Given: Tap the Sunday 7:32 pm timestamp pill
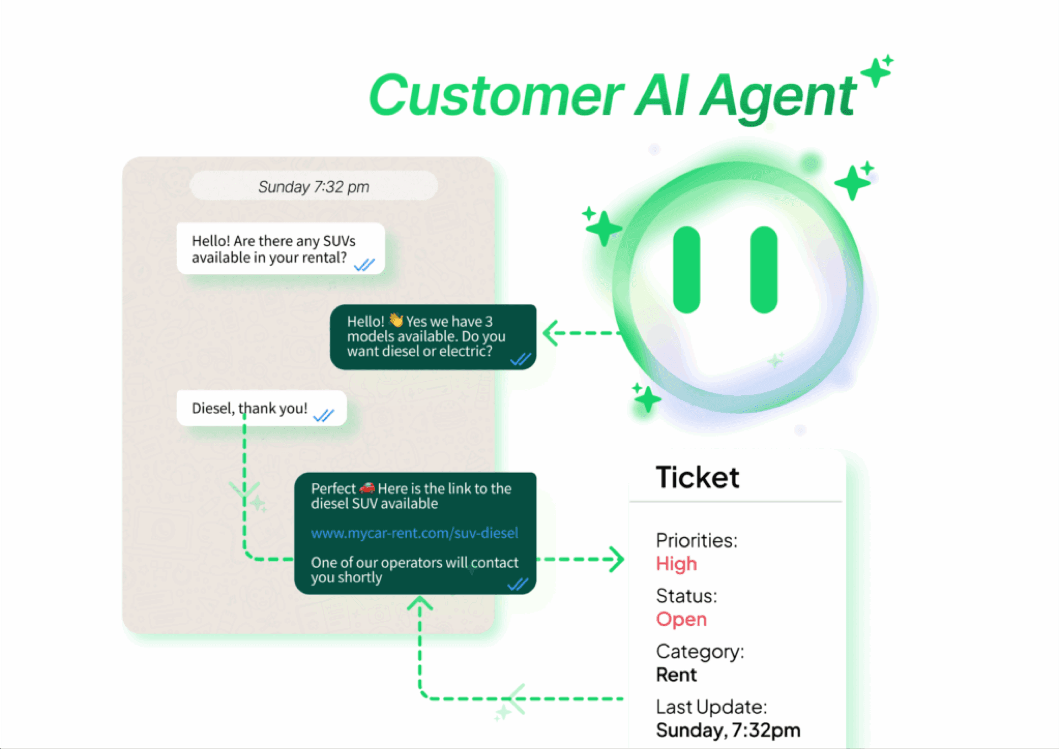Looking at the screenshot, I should (x=314, y=187).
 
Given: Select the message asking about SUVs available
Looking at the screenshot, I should (x=280, y=249).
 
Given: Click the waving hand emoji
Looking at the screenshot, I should (x=396, y=320).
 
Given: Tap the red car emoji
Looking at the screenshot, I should (x=367, y=488).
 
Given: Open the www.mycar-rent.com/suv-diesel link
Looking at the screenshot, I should (x=414, y=533).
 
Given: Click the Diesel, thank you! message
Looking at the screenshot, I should (x=250, y=408).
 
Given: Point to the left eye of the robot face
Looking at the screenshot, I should (x=686, y=270).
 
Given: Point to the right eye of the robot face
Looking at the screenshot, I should (x=764, y=270).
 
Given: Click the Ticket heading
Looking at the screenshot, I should (x=697, y=477).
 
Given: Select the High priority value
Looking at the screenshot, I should (x=676, y=564).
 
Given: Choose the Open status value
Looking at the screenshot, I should (x=681, y=619).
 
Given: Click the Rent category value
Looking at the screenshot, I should (x=676, y=674).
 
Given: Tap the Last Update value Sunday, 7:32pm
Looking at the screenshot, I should (x=728, y=730).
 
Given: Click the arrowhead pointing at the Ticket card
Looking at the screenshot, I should (x=617, y=559).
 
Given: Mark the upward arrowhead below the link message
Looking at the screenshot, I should (x=420, y=603).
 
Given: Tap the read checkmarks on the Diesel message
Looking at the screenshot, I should (x=324, y=415).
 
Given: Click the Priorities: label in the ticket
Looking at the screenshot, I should (x=696, y=540).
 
